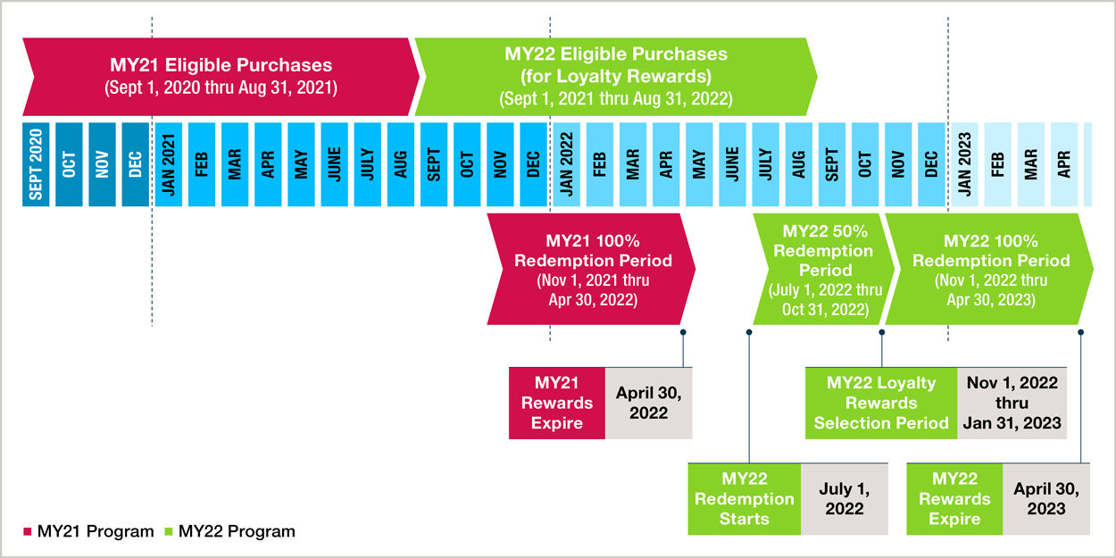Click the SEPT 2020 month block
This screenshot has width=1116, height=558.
[36, 164]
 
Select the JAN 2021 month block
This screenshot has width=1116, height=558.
[169, 164]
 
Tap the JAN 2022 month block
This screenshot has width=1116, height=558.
[566, 164]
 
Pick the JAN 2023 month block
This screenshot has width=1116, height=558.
[964, 164]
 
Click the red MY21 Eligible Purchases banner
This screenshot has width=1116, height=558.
[221, 77]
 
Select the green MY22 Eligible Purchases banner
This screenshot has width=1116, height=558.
[616, 77]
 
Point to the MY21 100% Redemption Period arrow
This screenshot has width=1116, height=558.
[591, 269]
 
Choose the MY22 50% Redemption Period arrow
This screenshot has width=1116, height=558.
[824, 269]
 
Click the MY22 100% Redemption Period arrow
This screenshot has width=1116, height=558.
[989, 269]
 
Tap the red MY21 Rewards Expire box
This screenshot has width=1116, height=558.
[557, 403]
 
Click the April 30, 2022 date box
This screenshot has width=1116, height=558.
[649, 403]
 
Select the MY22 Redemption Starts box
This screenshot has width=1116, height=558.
[745, 499]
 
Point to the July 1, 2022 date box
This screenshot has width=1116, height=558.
[845, 499]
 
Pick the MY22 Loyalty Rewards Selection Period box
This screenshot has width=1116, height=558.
[881, 403]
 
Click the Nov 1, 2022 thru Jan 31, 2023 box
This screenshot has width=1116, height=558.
[1012, 403]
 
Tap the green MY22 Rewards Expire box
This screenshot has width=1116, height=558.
[954, 499]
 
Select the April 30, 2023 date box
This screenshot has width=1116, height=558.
[1046, 499]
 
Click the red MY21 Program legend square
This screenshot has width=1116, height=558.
[28, 531]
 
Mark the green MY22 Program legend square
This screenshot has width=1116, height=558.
[169, 531]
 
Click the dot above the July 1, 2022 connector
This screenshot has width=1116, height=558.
[749, 332]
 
